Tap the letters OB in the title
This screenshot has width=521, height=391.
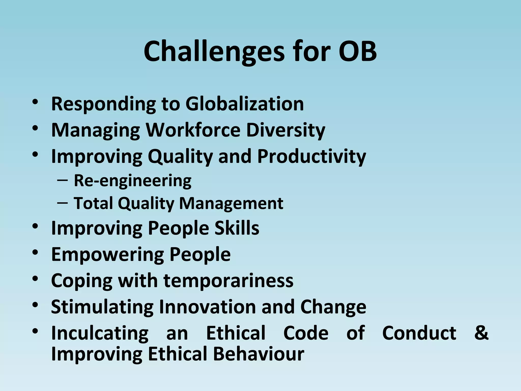point(358,51)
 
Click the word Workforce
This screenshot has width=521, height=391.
point(193,130)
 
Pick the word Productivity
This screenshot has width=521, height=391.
point(311,157)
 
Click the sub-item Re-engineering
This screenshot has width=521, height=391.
point(133,181)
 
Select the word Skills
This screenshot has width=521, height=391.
point(237,228)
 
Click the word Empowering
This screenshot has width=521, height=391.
point(107,255)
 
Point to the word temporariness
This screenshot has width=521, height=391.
point(228,281)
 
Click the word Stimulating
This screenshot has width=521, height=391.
point(102,307)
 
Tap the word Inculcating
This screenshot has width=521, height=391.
point(100,333)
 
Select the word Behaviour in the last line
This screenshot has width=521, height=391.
point(258,354)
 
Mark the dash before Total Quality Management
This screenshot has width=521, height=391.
point(63,203)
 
